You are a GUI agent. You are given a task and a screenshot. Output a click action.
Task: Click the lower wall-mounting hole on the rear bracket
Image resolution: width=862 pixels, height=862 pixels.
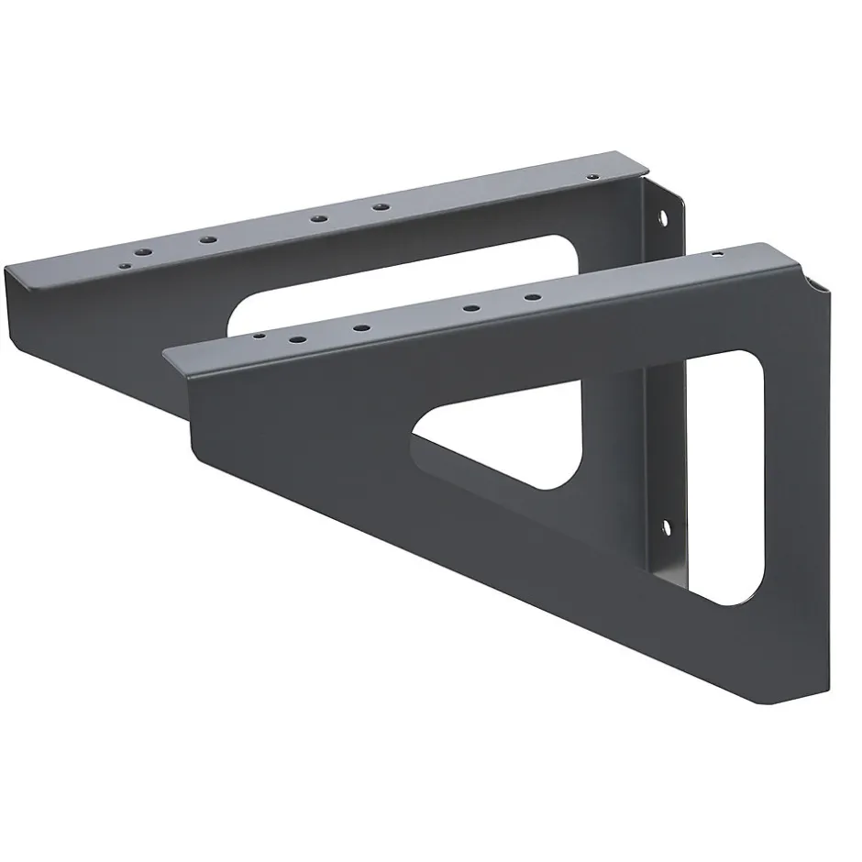[x=667, y=527]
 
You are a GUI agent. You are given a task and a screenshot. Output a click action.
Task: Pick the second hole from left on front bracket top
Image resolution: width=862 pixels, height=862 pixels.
[x=296, y=340]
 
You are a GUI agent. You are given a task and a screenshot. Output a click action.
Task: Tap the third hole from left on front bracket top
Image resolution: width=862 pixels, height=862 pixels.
[x=361, y=327]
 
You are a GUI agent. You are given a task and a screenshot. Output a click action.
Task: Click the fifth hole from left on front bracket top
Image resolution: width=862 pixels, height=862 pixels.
[x=530, y=297]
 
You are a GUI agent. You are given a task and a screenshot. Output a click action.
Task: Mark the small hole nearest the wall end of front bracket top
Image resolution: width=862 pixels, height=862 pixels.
[x=717, y=254]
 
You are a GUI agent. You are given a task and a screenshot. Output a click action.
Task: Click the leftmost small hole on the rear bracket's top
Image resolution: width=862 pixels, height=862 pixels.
[x=122, y=263]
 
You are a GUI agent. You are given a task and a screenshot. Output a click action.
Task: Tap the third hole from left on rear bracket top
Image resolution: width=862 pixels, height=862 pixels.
[x=208, y=239]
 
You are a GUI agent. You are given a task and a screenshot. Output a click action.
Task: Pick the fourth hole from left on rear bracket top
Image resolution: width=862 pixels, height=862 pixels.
[x=318, y=218]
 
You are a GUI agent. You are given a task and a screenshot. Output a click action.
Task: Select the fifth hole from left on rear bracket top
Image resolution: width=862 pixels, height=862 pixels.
[x=378, y=207]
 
